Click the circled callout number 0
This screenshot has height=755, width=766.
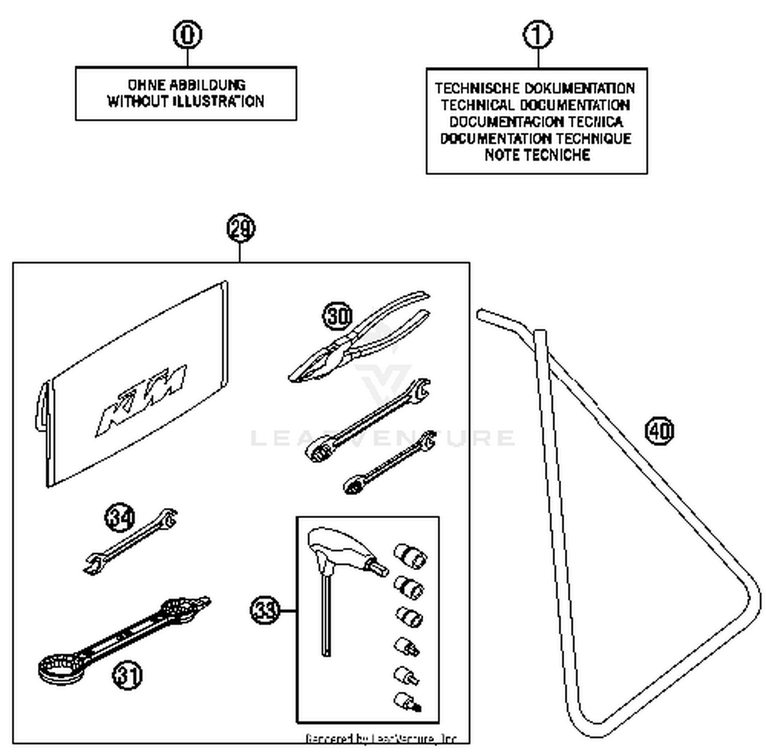187,35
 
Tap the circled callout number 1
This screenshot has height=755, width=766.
538,35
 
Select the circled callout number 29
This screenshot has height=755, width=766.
241,228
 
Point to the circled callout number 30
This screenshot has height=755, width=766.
338,315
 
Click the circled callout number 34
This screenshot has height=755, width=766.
120,518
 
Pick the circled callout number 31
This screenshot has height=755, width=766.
127,675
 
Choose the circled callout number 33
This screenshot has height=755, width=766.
265,610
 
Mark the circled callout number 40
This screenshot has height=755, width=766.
659,430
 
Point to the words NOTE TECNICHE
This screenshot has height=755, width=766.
537,155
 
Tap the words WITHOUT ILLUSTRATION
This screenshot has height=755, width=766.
185,101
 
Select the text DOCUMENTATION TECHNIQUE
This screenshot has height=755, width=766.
536,138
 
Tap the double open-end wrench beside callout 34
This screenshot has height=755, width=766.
130,543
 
